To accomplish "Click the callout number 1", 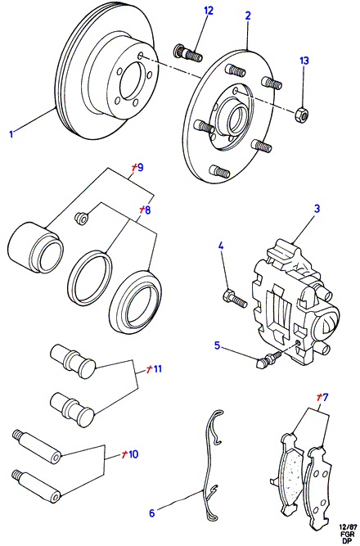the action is tap(11, 133).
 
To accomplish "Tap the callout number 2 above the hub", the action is tap(248, 16).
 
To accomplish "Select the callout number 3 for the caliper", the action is tap(317, 209).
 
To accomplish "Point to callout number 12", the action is tap(209, 11).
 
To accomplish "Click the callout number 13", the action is tap(304, 61).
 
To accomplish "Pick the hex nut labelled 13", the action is tap(301, 115).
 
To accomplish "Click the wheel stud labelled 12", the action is tap(187, 53).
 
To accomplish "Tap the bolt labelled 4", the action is tap(234, 299).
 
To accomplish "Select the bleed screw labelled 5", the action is tap(269, 359).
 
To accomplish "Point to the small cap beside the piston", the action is tap(82, 219).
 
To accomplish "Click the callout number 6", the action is tap(151, 513).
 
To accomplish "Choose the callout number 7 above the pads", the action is tap(325, 397).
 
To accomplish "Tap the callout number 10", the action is tap(133, 454).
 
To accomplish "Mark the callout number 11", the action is tap(157, 368).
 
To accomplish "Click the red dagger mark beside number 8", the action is tap(142, 210).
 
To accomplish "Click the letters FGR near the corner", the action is tap(349, 534).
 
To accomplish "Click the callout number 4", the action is tap(221, 246).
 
